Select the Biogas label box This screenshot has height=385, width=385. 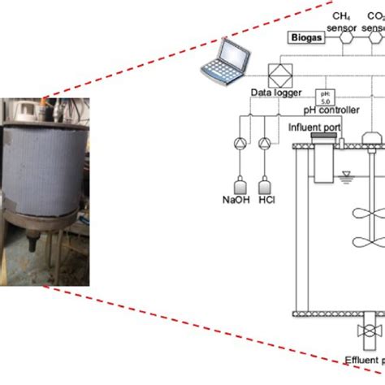click(x=305, y=37)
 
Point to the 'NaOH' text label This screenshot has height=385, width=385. click(x=236, y=199)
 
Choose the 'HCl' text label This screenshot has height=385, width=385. click(x=266, y=199)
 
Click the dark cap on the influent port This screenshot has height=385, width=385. click(x=322, y=140)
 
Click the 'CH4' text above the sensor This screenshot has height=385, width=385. click(x=344, y=16)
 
